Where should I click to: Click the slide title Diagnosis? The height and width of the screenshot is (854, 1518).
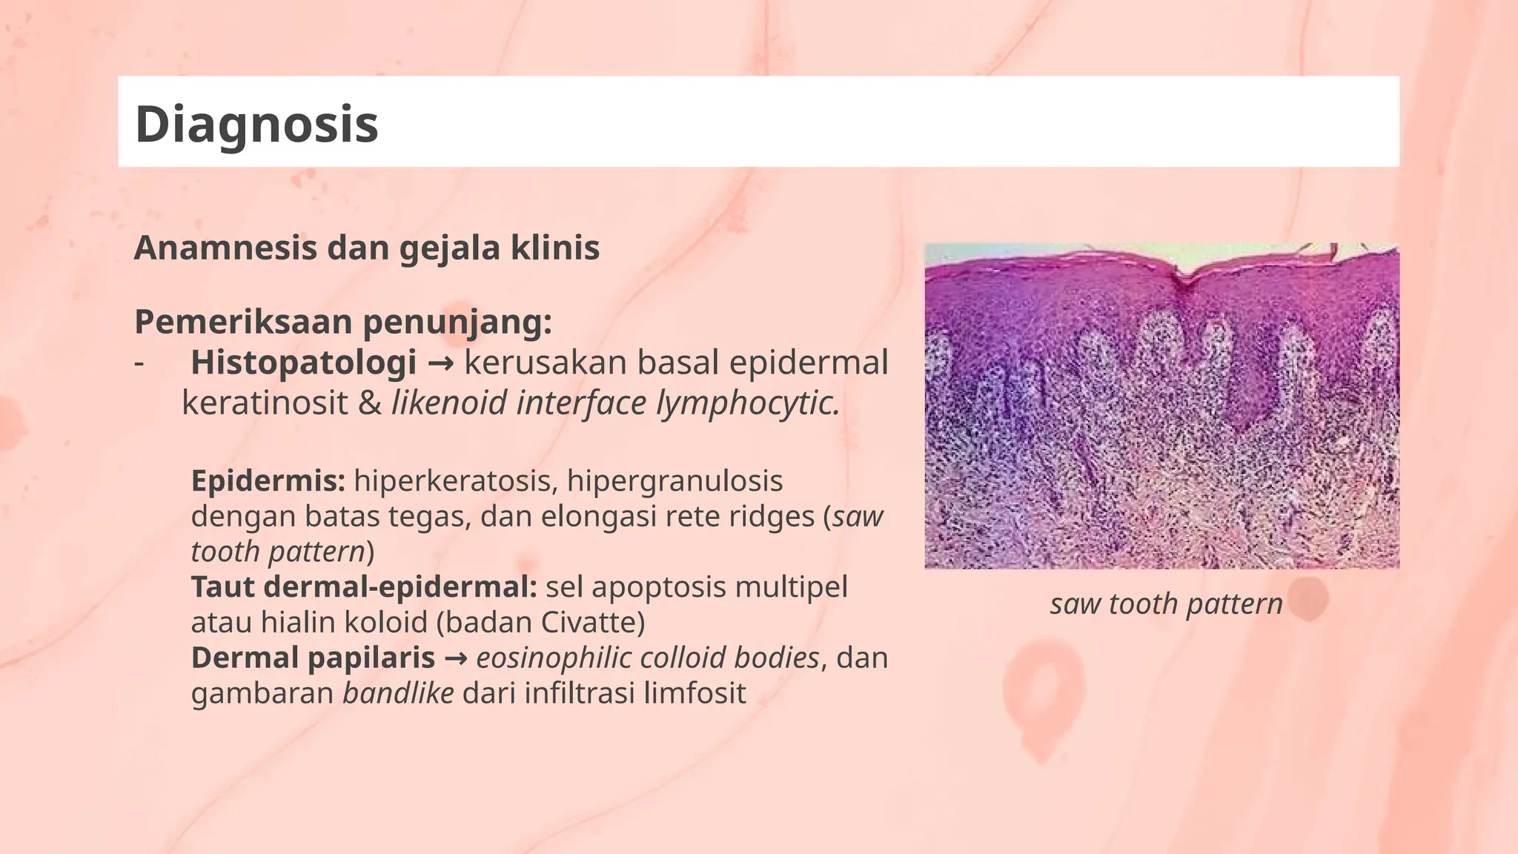click(256, 124)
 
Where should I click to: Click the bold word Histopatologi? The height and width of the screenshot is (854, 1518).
click(303, 363)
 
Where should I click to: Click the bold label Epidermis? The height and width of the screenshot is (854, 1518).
click(268, 481)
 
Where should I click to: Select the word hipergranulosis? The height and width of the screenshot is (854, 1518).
click(675, 481)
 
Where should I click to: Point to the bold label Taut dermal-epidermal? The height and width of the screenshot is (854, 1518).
click(364, 587)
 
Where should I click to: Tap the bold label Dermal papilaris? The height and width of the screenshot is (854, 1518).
click(313, 658)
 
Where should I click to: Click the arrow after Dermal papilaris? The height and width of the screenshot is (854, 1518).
click(455, 658)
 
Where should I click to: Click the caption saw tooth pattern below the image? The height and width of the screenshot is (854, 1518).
click(1166, 604)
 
